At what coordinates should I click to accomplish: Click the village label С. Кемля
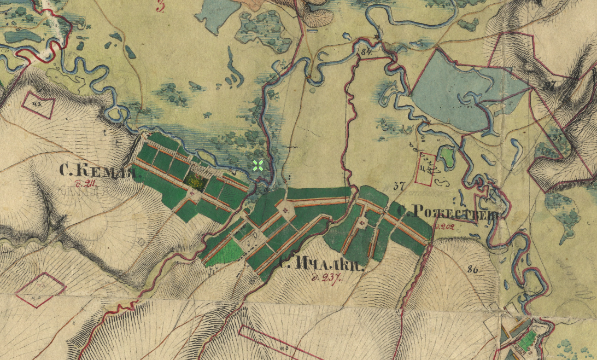tap(97, 172)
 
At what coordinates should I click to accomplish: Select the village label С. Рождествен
tap(447, 212)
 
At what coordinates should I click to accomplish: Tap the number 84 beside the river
tap(366, 51)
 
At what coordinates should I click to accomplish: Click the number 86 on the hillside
tap(473, 269)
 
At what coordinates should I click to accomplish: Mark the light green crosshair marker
tap(259, 166)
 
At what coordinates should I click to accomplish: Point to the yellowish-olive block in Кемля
tap(195, 180)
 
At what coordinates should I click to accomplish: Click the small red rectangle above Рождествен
tap(426, 168)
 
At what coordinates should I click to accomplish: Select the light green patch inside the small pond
tap(447, 158)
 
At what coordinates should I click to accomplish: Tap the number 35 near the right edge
tap(557, 138)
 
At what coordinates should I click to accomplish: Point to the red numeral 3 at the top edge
tap(160, 7)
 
